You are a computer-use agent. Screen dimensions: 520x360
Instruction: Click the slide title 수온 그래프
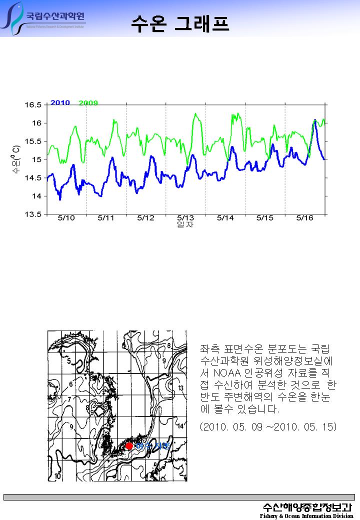(x=180, y=23)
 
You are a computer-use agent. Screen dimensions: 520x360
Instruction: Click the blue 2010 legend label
(x=60, y=102)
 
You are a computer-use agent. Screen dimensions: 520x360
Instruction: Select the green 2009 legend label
(x=88, y=103)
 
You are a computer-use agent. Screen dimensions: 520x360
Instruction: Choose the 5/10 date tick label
(x=66, y=218)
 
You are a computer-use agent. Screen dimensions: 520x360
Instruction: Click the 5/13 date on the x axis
(x=185, y=218)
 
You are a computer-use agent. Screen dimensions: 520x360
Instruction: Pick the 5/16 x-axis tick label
(x=304, y=218)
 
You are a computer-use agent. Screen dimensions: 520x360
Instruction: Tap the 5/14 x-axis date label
(x=225, y=218)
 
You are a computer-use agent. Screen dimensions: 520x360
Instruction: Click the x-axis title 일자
(x=185, y=225)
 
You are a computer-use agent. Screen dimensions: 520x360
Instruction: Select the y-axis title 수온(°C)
(x=16, y=160)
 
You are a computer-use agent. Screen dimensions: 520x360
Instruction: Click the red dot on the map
(x=129, y=445)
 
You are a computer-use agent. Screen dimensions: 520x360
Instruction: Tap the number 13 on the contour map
(x=181, y=388)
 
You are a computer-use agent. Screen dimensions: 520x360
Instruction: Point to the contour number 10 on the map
(x=58, y=476)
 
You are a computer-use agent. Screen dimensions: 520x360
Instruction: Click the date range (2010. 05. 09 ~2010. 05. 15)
(x=268, y=427)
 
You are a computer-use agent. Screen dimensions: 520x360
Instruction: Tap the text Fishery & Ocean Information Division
(x=306, y=515)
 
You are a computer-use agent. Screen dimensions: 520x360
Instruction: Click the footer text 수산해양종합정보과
(x=307, y=506)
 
